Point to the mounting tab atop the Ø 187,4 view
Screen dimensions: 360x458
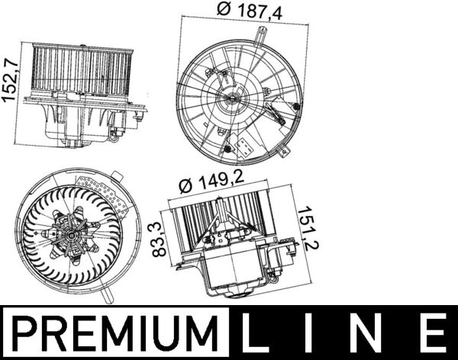point(262,34)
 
